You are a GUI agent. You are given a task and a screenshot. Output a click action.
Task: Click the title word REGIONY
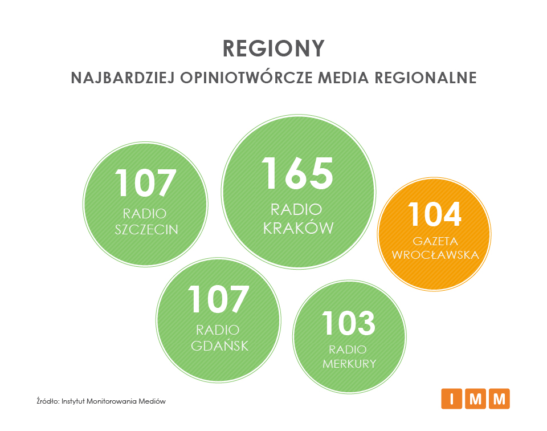click(x=273, y=48)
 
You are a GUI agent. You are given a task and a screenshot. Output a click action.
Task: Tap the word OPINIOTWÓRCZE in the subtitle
click(x=246, y=78)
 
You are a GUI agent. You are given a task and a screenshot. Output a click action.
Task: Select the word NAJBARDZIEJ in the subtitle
click(x=123, y=78)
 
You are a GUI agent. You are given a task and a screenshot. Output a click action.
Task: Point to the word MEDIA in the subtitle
click(x=343, y=78)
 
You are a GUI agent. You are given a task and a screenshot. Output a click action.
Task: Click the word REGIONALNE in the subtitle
click(x=426, y=78)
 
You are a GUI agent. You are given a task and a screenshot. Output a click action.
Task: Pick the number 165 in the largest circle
click(x=297, y=173)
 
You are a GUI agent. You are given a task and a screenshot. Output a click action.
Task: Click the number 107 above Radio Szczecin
click(x=145, y=183)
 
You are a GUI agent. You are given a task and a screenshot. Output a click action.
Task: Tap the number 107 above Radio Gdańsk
click(x=218, y=299)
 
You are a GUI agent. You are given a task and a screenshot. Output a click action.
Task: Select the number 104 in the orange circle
click(x=435, y=214)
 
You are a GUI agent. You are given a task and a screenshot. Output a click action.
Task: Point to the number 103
click(x=349, y=323)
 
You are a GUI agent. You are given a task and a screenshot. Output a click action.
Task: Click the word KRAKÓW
click(x=298, y=228)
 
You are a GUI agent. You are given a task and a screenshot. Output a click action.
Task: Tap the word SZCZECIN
click(x=146, y=230)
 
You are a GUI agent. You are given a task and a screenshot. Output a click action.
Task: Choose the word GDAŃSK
click(x=219, y=345)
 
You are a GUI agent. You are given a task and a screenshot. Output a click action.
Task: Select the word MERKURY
click(x=349, y=364)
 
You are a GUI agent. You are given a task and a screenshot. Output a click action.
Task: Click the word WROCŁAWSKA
click(x=435, y=255)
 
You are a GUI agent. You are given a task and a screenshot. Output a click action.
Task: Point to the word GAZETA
click(x=435, y=241)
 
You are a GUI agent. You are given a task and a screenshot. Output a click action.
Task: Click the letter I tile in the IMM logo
click(x=452, y=399)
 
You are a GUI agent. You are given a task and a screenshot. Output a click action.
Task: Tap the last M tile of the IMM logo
click(x=499, y=399)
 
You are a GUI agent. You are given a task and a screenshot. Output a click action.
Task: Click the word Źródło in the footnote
click(x=48, y=401)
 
